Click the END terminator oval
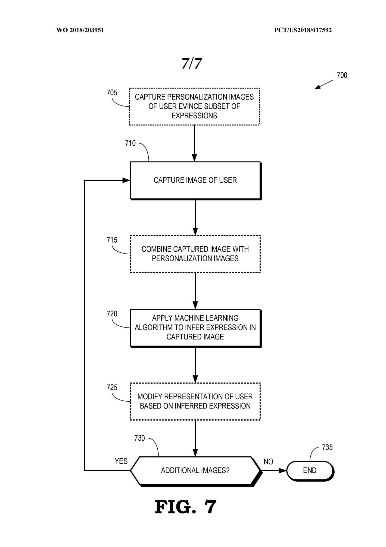310,471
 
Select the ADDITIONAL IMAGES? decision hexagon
196,471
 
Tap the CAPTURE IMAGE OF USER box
195,181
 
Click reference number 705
112,93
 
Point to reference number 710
130,143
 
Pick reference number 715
112,240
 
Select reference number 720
112,314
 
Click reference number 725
112,387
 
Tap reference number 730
139,438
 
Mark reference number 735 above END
327,447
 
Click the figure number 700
342,75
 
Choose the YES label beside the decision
121,461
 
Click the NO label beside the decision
268,462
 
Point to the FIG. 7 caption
186,507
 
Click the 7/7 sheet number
192,63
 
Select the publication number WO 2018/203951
80,30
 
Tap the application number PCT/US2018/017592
303,30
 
